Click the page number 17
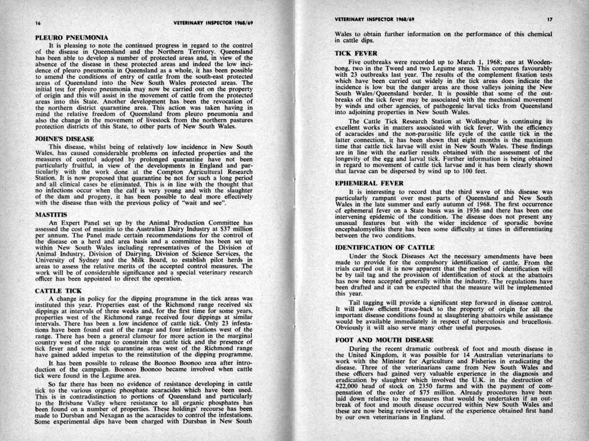coord(549,19)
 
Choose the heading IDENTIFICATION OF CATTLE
coord(385,247)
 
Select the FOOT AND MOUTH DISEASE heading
coord(384,340)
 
